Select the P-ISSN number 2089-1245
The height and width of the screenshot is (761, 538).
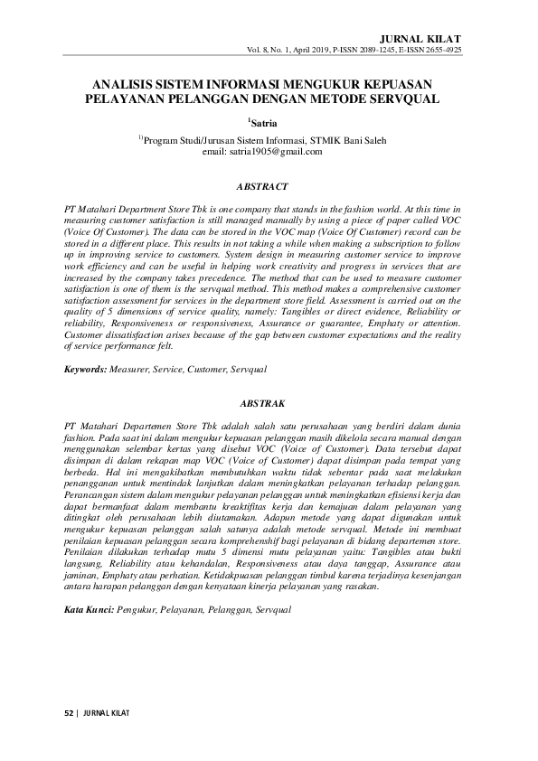(x=365, y=50)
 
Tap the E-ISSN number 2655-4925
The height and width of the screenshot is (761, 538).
(x=443, y=50)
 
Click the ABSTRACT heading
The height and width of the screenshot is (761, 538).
(x=261, y=187)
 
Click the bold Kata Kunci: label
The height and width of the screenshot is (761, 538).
(x=90, y=611)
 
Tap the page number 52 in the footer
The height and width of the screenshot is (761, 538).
(x=67, y=712)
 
